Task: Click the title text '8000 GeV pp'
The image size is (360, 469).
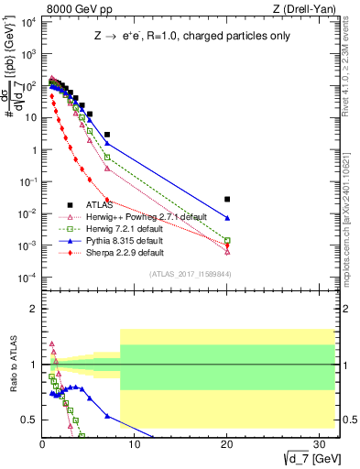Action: click(68, 10)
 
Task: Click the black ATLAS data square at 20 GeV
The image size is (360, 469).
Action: click(227, 199)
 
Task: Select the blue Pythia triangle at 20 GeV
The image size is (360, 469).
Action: click(227, 218)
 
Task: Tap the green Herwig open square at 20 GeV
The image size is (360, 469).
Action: click(227, 240)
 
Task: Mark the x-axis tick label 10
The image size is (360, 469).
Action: click(135, 444)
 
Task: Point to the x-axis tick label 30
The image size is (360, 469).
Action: click(319, 444)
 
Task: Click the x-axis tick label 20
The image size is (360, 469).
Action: click(227, 444)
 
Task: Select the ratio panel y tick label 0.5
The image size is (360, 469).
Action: click(27, 420)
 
